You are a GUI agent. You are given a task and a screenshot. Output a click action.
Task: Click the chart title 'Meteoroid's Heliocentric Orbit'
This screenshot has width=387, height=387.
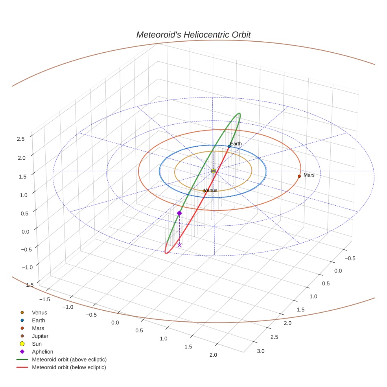click(x=193, y=35)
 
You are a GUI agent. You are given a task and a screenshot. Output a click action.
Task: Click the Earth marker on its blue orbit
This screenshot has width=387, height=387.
click(x=229, y=146)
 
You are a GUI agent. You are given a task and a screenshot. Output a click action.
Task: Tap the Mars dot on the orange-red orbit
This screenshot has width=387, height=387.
click(x=299, y=176)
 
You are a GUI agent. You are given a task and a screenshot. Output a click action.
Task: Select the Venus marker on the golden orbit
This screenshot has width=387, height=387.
click(x=204, y=191)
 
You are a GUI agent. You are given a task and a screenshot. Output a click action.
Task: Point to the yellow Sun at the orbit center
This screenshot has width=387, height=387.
click(x=213, y=171)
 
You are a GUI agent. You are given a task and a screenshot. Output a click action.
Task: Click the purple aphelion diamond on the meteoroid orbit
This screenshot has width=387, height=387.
click(x=179, y=213)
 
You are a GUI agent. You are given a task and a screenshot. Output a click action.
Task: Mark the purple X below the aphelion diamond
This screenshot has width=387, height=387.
click(x=179, y=245)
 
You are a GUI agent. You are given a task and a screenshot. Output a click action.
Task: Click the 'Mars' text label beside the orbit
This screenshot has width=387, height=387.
click(x=309, y=175)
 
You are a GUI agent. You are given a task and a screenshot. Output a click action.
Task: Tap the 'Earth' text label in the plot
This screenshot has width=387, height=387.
click(x=236, y=144)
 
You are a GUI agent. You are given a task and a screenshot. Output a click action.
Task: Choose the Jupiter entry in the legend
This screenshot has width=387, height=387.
click(x=40, y=336)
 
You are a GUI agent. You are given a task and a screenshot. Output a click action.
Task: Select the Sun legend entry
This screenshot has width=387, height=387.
click(x=37, y=344)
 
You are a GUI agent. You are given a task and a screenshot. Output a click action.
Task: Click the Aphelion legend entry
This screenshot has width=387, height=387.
click(x=42, y=352)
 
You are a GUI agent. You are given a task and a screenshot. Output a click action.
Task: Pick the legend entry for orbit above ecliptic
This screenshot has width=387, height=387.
click(x=69, y=359)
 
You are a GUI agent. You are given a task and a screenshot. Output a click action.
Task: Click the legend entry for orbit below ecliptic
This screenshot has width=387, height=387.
click(x=69, y=367)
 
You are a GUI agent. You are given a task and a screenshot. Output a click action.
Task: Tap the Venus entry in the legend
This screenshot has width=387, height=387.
click(x=39, y=312)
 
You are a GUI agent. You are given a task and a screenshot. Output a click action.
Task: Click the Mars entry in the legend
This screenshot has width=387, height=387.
click(x=38, y=328)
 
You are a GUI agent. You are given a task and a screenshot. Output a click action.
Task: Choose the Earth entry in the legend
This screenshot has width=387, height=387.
click(x=39, y=320)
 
